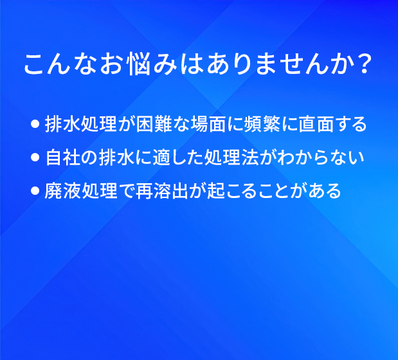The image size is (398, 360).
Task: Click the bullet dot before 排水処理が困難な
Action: click(x=35, y=124)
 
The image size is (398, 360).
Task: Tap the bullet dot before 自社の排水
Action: click(x=35, y=157)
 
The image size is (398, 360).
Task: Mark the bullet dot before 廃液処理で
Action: click(x=35, y=190)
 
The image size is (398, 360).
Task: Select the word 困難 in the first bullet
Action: click(x=154, y=124)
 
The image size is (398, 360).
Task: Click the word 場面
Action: click(x=208, y=124)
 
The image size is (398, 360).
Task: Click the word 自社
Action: click(x=63, y=157)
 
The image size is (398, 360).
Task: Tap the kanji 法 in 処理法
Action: click(x=249, y=157)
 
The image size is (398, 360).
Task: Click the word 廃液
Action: click(x=63, y=190)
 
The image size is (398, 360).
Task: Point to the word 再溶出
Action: click(x=162, y=190)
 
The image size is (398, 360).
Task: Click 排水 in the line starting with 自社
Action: click(x=117, y=157)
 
